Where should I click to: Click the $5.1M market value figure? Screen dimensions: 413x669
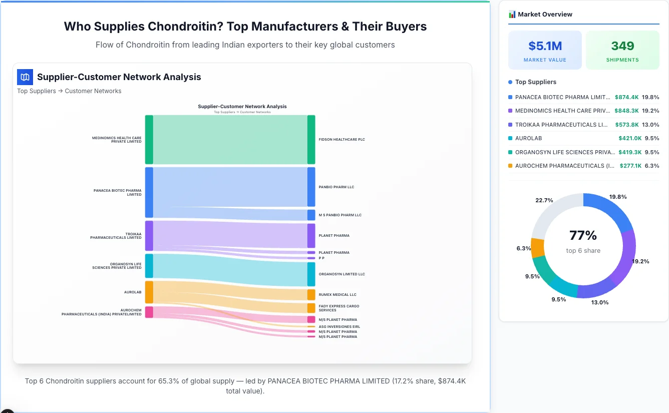[x=545, y=46]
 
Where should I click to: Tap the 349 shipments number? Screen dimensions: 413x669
[x=622, y=46]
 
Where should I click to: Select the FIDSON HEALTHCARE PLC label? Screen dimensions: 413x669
[x=342, y=140]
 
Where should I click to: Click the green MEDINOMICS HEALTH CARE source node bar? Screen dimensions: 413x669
[x=149, y=140]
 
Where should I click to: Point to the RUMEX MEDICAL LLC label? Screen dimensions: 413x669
[x=338, y=295]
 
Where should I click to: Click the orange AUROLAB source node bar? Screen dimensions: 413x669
[x=149, y=292]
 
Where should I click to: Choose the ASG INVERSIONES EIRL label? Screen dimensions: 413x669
[x=339, y=327]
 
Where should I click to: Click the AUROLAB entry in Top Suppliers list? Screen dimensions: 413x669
[x=528, y=138]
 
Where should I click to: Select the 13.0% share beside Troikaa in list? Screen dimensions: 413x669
[x=651, y=125]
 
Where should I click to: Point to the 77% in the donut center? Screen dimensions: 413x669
[x=583, y=235]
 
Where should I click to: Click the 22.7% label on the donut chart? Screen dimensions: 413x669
[x=544, y=200]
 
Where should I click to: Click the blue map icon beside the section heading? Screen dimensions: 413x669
[x=25, y=77]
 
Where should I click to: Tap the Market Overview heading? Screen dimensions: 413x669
[x=545, y=15]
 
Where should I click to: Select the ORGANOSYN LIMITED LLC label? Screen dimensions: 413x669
[x=342, y=274]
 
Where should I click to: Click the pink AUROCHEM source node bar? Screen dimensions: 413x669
[x=149, y=312]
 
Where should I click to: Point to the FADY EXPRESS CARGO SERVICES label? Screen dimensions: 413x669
[x=339, y=308]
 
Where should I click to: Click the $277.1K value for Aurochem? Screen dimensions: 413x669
[x=630, y=166]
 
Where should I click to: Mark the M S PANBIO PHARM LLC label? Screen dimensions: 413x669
[x=340, y=215]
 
